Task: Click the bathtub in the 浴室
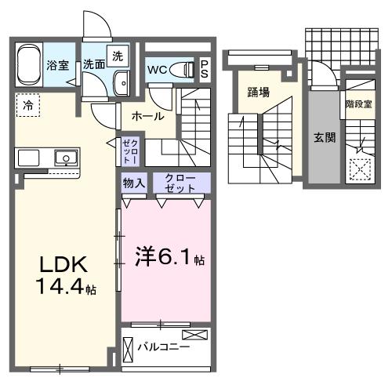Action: pyautogui.click(x=31, y=65)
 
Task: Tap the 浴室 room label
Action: pyautogui.click(x=58, y=66)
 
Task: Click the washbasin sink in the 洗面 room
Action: pyautogui.click(x=122, y=82)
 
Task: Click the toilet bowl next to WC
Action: pyautogui.click(x=183, y=68)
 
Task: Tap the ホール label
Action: pyautogui.click(x=147, y=116)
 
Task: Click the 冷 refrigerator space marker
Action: pyautogui.click(x=28, y=103)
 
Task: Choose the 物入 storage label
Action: pyautogui.click(x=133, y=183)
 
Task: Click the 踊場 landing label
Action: pyautogui.click(x=259, y=93)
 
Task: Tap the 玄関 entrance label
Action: pyautogui.click(x=325, y=136)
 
